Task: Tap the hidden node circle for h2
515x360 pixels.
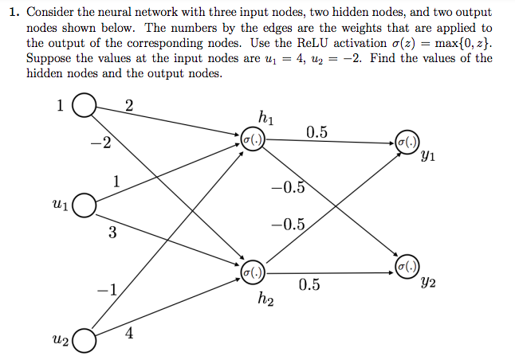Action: [253, 272]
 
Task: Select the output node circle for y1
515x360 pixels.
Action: [406, 140]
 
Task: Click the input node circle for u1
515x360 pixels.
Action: [84, 205]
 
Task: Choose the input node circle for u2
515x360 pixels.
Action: [84, 341]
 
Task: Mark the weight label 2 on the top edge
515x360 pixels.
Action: [129, 108]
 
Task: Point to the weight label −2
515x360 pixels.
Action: [100, 144]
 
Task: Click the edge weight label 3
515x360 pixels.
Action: [112, 233]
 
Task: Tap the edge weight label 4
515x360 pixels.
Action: [129, 334]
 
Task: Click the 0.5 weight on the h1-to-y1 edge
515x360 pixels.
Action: [316, 132]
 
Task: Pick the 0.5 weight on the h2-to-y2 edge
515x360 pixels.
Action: [309, 284]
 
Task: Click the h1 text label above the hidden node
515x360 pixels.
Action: [266, 119]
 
